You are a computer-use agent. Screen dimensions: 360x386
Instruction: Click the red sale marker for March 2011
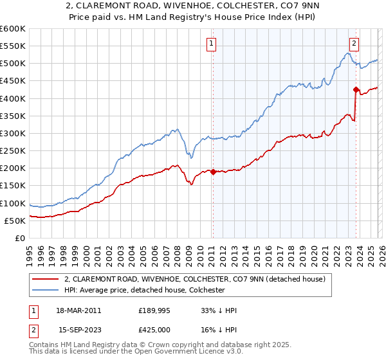(213, 172)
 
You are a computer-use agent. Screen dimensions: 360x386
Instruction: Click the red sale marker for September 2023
(355, 90)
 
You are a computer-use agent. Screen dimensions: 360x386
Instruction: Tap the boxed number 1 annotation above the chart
(212, 44)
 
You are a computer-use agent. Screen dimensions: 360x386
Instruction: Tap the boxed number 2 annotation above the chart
(354, 44)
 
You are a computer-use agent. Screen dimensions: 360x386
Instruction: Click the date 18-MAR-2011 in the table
(79, 310)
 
